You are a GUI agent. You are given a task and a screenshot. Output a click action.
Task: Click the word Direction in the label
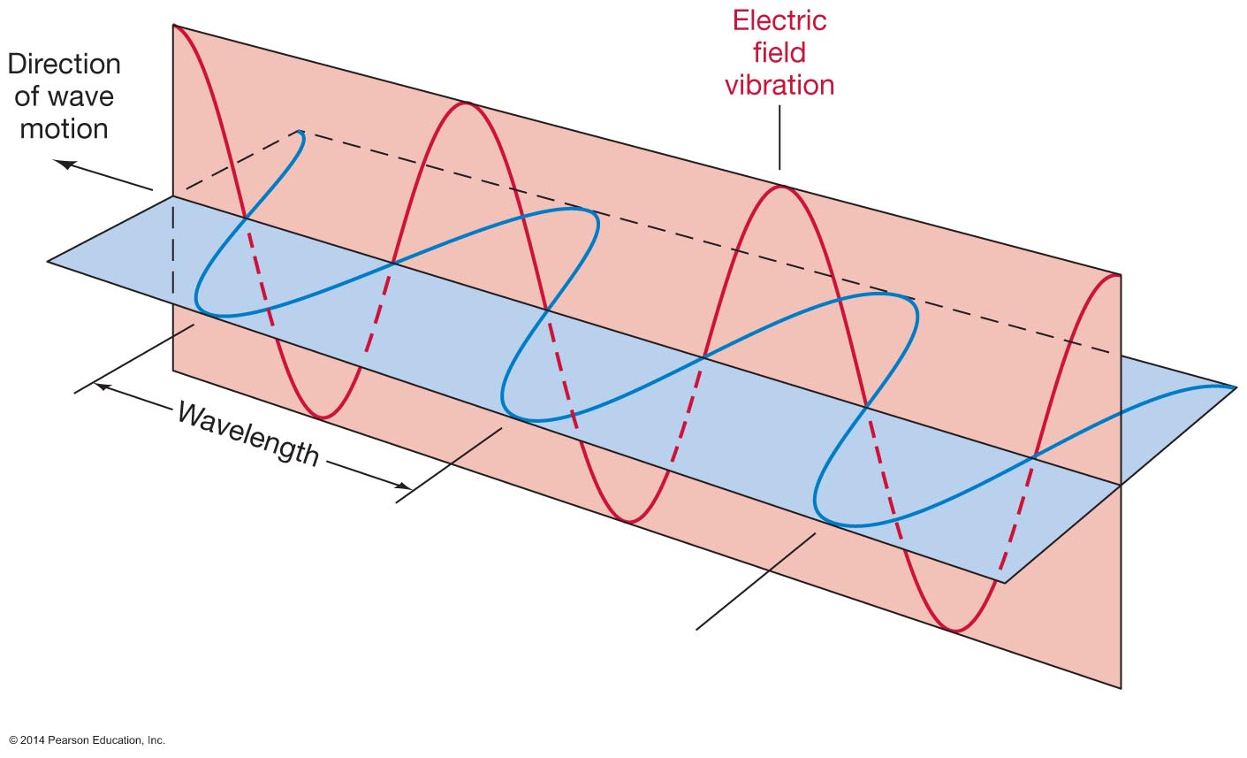click(x=64, y=64)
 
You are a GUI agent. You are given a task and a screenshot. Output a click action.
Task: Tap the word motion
click(x=64, y=129)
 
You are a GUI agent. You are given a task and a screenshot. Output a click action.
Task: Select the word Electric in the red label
click(x=779, y=20)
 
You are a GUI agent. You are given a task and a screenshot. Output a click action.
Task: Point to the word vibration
click(x=779, y=85)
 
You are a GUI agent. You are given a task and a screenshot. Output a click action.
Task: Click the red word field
click(x=779, y=53)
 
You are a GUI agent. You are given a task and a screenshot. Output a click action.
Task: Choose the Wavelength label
click(x=248, y=433)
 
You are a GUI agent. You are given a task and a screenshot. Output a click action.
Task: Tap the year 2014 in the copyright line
click(x=33, y=740)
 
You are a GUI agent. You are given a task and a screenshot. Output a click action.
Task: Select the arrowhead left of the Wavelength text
click(x=103, y=386)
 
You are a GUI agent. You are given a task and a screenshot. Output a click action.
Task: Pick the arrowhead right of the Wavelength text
click(x=404, y=486)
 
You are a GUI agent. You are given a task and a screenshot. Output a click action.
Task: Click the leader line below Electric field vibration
click(x=779, y=137)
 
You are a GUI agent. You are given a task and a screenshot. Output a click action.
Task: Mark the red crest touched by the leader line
click(x=780, y=188)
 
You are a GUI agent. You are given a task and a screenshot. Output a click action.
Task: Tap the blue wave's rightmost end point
click(x=1234, y=387)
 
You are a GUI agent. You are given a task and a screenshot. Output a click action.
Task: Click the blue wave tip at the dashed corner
click(x=302, y=133)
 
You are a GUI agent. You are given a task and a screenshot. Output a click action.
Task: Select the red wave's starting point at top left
click(x=174, y=27)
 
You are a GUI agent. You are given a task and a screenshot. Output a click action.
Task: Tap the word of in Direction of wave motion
click(x=30, y=96)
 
